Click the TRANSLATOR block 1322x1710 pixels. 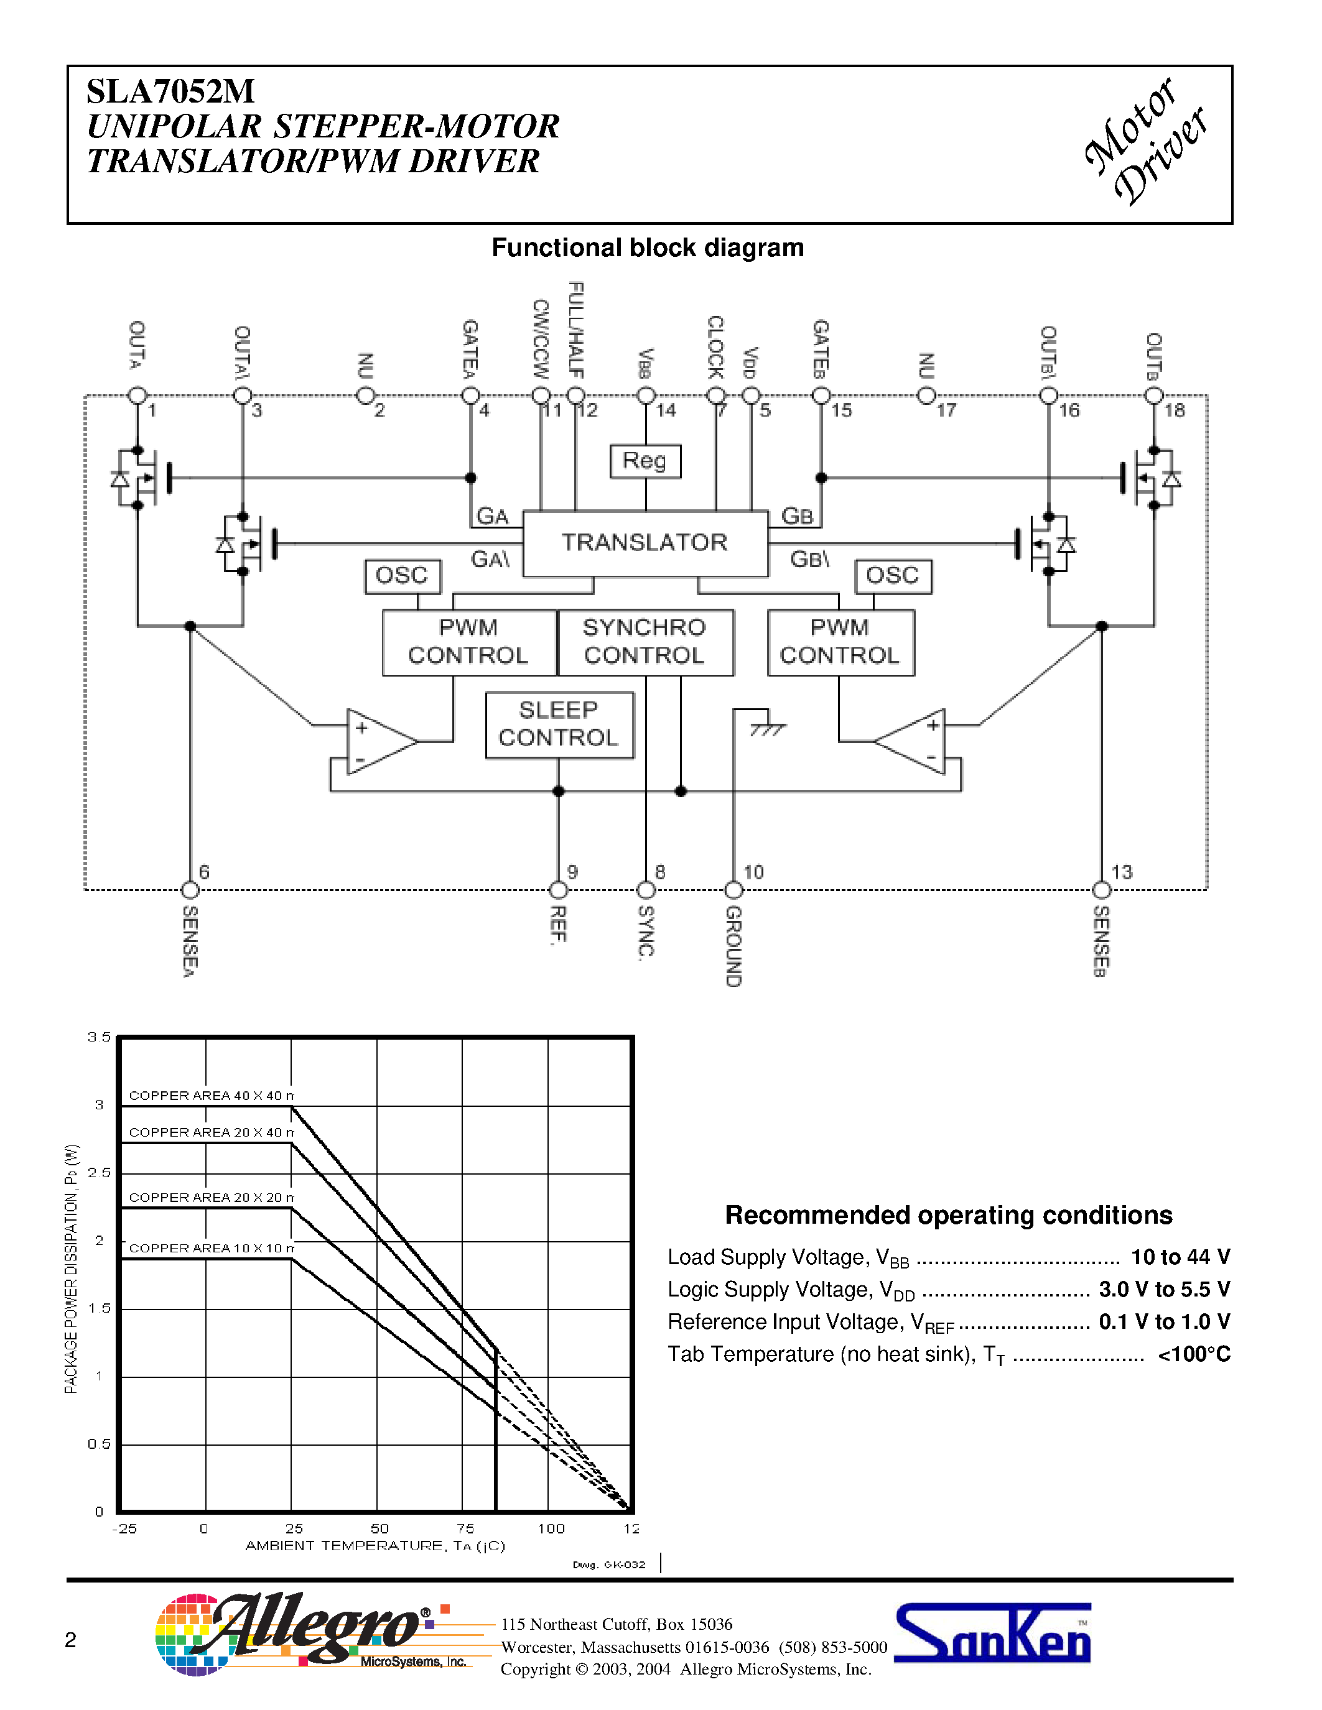pos(645,543)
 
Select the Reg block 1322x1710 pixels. pos(645,460)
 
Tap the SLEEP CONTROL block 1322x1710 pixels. pos(559,724)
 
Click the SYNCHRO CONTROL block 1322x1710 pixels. pos(645,642)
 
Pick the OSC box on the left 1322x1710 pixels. pos(403,576)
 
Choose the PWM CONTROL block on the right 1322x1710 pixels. pos(840,642)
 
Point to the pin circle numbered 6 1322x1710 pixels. pos(190,890)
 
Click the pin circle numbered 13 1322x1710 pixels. pos(1101,890)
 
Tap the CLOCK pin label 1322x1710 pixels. pos(715,347)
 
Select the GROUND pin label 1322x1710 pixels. pos(733,946)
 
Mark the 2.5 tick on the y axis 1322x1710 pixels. pos(99,1172)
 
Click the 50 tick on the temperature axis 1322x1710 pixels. pos(379,1528)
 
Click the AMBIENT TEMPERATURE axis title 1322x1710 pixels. pos(375,1546)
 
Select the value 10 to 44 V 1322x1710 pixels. pos(1180,1257)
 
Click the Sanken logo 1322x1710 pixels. pos(992,1634)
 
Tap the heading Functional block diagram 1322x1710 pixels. pos(647,247)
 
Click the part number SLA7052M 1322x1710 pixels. pos(170,91)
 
